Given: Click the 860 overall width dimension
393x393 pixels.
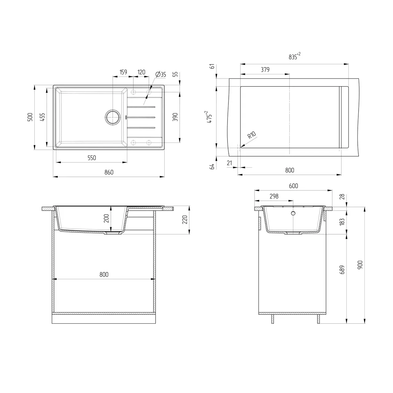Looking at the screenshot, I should coord(109,172).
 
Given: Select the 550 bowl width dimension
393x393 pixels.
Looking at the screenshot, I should coord(92,158).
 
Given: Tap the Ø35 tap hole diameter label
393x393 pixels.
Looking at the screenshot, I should coord(161,74).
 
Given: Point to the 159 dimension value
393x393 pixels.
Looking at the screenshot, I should coord(123,72).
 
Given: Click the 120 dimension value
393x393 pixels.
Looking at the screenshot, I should coord(141,72).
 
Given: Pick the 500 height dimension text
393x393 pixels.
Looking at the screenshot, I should coord(30,117).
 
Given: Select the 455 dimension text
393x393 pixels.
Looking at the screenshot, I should coord(43,117).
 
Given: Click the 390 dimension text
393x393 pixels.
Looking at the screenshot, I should coord(175,117).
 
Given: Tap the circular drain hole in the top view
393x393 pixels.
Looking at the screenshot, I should coord(112,117).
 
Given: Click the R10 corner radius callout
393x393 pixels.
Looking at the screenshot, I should coord(251,135).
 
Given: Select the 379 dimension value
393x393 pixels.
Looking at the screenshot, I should coord(265,70).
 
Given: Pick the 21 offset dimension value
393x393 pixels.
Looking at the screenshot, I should coord(229,163).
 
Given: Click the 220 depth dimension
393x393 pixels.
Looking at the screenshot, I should coord(185,220).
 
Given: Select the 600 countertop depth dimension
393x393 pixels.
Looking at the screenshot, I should coord(294,186).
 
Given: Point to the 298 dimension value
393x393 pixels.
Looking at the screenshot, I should coord(274,196).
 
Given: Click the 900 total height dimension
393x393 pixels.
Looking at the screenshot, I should coord(360,265).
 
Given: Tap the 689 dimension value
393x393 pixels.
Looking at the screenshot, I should coord(343,269).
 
